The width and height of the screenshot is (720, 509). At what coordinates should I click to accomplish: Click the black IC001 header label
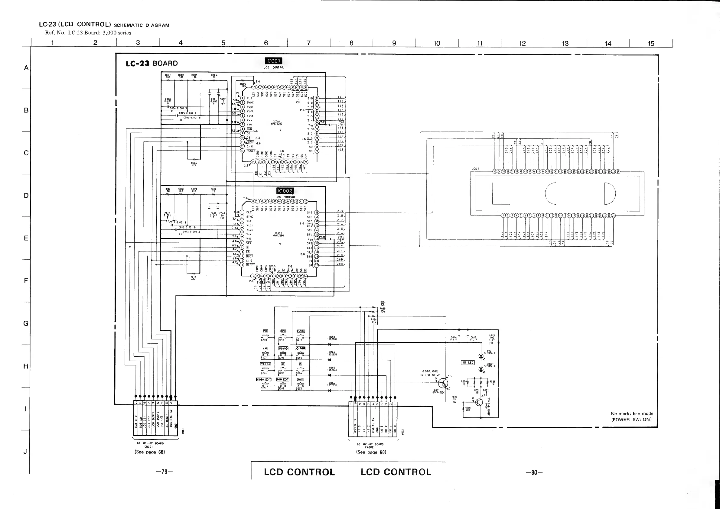273,61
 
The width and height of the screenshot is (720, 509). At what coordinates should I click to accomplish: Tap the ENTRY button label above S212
300,331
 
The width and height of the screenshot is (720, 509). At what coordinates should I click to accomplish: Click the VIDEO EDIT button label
264,380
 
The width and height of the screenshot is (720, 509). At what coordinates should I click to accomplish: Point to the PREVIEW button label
265,364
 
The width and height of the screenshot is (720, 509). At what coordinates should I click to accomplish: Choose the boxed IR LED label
468,363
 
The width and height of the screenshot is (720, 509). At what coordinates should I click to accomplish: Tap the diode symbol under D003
330,345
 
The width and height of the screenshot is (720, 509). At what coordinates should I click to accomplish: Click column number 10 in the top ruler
437,43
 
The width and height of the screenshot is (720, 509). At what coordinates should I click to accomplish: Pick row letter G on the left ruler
26,323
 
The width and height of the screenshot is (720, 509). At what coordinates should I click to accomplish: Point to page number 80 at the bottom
534,472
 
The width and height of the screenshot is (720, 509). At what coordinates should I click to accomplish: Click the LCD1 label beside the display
475,169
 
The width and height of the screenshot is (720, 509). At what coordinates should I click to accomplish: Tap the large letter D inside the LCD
610,193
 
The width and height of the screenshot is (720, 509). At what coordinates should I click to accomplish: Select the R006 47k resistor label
194,164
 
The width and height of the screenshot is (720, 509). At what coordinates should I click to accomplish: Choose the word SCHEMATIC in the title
128,25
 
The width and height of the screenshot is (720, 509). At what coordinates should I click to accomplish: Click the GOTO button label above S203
300,380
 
